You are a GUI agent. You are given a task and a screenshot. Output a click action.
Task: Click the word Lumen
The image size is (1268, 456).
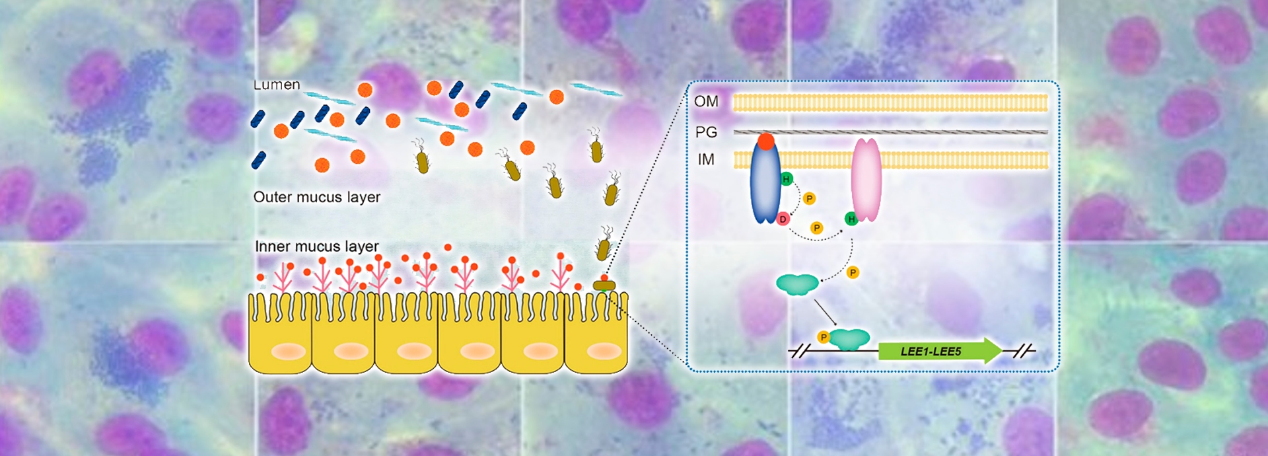click(277, 85)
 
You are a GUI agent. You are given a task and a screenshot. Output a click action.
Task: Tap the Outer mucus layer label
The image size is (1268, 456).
click(316, 197)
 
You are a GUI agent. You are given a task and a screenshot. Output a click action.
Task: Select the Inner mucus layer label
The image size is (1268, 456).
click(316, 247)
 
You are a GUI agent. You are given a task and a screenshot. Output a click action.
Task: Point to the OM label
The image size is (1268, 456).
click(706, 101)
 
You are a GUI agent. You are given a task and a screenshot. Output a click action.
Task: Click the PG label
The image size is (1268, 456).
click(706, 132)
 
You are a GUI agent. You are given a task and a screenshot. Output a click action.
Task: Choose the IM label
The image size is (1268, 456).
click(706, 159)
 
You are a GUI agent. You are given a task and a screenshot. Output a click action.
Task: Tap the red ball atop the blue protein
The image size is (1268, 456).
click(766, 141)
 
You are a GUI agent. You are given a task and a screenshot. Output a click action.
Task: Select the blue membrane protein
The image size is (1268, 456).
click(765, 185)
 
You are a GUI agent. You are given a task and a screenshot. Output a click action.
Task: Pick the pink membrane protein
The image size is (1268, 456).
click(866, 180)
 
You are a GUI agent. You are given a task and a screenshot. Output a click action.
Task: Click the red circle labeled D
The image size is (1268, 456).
click(783, 219)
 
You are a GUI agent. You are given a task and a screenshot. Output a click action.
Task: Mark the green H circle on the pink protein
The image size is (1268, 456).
click(851, 219)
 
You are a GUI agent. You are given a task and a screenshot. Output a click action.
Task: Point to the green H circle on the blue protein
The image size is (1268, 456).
click(786, 178)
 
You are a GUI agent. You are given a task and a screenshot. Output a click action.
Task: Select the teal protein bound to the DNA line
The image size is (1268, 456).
click(849, 340)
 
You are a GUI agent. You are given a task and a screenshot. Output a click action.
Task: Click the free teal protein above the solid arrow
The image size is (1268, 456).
click(797, 284)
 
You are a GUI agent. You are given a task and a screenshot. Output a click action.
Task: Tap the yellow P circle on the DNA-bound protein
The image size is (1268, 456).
click(824, 337)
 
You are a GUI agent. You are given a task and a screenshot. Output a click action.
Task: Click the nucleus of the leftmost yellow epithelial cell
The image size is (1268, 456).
click(288, 351)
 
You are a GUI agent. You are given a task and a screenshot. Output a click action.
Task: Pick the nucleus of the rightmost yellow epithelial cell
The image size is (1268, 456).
click(604, 351)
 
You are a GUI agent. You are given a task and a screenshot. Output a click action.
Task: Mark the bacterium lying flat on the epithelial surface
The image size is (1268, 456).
click(604, 285)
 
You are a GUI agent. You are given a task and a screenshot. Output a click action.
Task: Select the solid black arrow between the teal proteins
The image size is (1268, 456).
click(826, 312)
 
